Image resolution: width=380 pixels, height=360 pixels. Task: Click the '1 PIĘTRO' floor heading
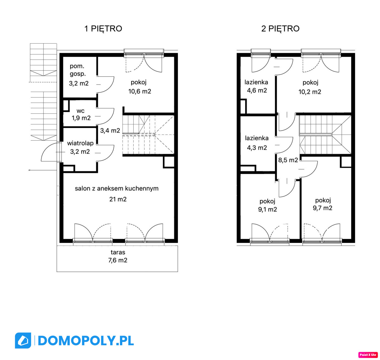(x=103, y=28)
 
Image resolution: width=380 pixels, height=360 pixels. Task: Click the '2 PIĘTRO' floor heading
(x=280, y=28)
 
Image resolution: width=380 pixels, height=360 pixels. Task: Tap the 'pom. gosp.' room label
(x=77, y=70)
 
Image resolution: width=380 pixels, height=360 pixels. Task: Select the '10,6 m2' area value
(x=140, y=91)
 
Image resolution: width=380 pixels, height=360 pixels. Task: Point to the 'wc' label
(x=80, y=111)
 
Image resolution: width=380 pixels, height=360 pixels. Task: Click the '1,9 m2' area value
(x=81, y=118)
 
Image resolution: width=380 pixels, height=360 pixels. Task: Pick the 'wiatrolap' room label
(x=80, y=143)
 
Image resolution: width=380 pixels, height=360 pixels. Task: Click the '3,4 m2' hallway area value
(x=110, y=130)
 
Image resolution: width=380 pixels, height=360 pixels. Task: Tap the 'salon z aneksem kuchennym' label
(x=117, y=188)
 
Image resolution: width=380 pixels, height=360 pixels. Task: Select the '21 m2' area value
(x=118, y=199)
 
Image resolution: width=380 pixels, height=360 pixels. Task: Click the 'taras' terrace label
(x=118, y=252)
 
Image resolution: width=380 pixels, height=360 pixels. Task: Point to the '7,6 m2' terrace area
(x=117, y=260)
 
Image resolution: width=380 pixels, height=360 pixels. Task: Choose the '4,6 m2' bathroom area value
(x=257, y=90)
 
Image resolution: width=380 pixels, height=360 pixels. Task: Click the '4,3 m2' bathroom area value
(x=257, y=148)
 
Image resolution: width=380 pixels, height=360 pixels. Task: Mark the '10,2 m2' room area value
(x=309, y=92)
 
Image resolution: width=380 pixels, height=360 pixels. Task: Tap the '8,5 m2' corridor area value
(x=288, y=160)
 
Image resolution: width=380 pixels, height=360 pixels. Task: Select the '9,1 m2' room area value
(x=267, y=209)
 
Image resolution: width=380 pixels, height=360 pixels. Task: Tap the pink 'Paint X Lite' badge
(x=368, y=355)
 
